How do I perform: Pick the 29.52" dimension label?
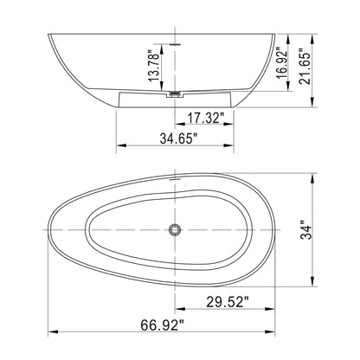tap(228, 302)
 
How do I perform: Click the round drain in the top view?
tap(176, 230)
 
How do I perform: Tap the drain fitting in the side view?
tap(176, 91)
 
